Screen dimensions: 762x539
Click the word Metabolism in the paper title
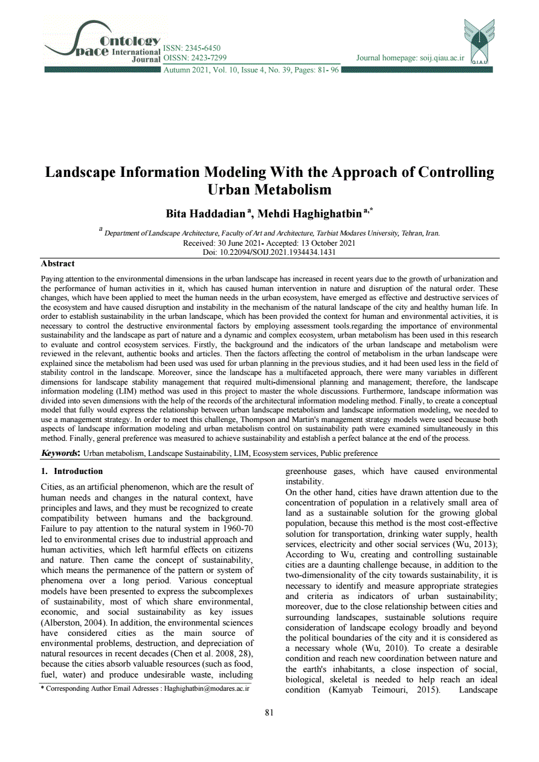(x=269, y=190)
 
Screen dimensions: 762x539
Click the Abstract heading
(x=58, y=264)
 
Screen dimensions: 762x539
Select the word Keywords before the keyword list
(x=59, y=453)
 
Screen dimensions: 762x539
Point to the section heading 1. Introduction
(x=72, y=471)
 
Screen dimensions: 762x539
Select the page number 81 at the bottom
(x=269, y=712)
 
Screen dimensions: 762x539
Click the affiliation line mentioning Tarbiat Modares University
(x=272, y=233)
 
